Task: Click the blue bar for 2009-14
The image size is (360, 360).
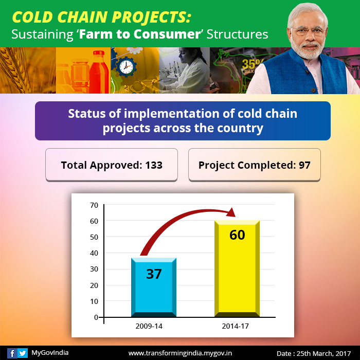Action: click(154, 287)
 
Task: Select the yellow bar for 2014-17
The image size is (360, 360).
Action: click(237, 268)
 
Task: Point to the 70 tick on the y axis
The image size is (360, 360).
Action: click(94, 205)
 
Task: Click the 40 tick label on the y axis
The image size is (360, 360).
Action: click(94, 253)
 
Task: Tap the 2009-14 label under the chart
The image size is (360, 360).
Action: click(149, 326)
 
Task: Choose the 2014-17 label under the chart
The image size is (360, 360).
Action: click(236, 326)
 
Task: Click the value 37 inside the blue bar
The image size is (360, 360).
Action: click(154, 274)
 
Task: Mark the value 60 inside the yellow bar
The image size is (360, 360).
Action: click(237, 235)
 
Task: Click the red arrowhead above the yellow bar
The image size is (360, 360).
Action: click(231, 212)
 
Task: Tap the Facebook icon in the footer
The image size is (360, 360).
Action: click(12, 353)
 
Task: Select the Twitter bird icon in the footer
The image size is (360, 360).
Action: click(23, 353)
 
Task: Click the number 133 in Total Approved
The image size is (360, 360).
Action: click(154, 165)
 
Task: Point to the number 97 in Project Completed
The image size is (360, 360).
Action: click(304, 165)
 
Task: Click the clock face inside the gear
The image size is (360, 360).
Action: click(126, 67)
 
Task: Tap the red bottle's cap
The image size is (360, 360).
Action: click(99, 53)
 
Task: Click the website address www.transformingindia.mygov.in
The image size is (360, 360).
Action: click(180, 353)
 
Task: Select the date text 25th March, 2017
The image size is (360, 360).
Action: click(323, 353)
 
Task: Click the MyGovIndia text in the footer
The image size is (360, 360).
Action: click(50, 353)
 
